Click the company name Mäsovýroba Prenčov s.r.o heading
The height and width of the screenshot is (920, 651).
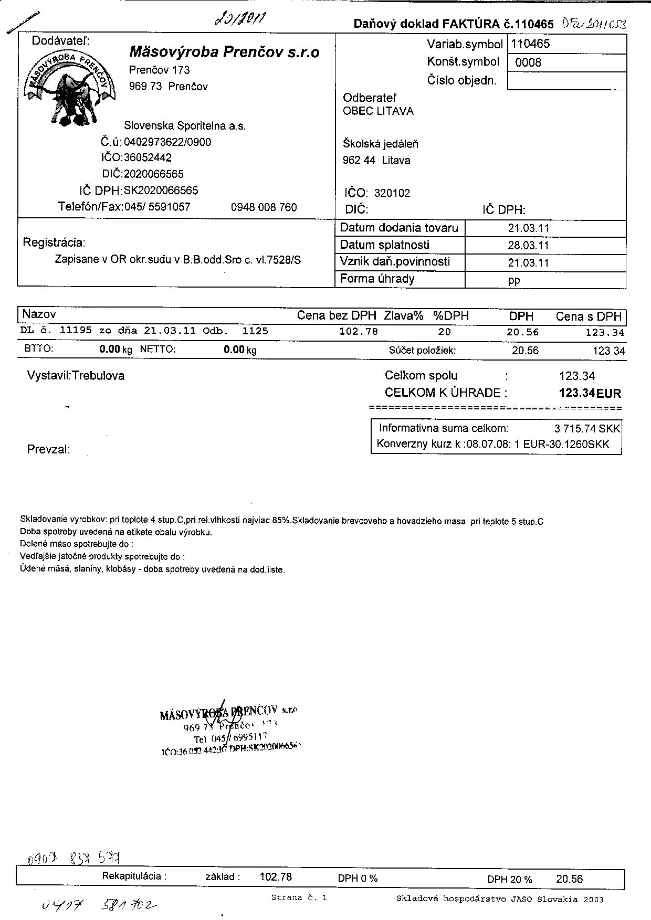point(224,52)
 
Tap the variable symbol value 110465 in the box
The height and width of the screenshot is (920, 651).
point(531,44)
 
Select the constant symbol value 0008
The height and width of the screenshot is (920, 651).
point(528,63)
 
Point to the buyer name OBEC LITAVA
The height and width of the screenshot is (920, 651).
point(378,111)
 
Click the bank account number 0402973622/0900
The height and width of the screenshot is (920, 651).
point(167,142)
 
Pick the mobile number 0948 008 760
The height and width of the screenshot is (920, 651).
point(264,207)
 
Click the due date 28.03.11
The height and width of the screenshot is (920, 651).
point(528,245)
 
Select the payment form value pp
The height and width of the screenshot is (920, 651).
point(514,280)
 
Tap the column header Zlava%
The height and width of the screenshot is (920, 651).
point(403,316)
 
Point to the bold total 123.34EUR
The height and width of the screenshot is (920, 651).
point(590,393)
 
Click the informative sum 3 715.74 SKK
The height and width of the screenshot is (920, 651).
point(587,429)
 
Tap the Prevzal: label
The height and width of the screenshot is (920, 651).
point(48,450)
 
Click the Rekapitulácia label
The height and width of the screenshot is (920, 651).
point(134,876)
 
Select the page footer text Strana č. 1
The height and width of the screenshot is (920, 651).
point(299,898)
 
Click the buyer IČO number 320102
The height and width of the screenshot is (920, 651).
point(392,193)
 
